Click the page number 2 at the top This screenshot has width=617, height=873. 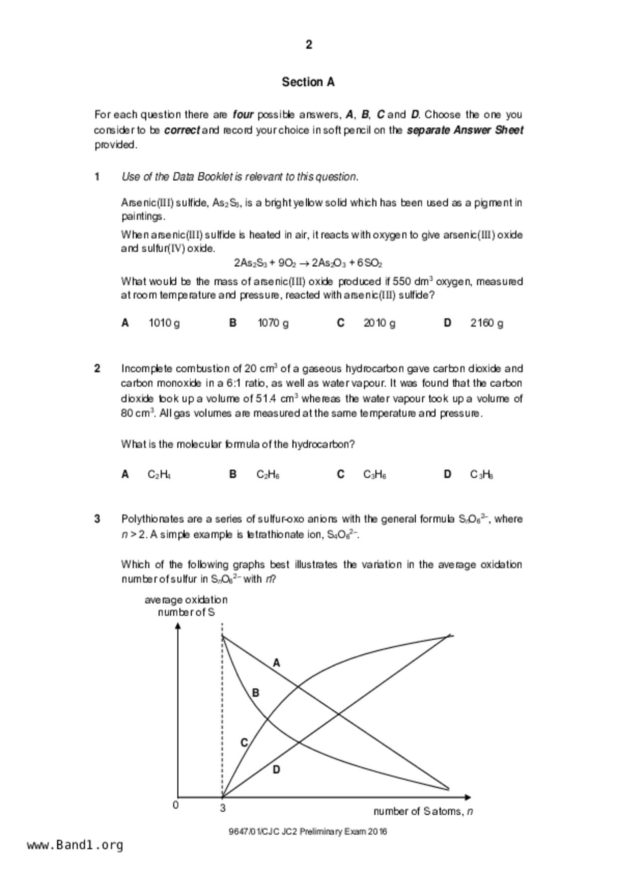309,45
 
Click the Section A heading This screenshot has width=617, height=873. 308,82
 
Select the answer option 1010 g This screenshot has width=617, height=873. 164,323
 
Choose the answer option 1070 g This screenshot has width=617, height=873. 273,323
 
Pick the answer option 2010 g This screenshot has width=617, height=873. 379,323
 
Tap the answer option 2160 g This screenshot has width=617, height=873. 487,323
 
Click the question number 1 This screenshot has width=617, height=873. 97,177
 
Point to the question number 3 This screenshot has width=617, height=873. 97,519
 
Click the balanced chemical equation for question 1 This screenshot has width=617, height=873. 308,263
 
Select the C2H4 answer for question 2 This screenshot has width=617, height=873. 159,474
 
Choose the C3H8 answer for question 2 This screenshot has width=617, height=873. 482,474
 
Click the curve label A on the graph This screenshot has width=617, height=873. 277,663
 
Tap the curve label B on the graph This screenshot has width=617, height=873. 255,693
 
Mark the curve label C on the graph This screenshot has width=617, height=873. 244,743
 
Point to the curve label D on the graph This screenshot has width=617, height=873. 276,769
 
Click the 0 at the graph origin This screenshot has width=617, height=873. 175,805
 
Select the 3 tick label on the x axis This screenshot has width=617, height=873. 223,808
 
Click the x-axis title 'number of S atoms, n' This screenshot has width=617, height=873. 423,811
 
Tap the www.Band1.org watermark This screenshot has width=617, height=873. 75,845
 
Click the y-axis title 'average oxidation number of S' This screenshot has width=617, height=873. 186,606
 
